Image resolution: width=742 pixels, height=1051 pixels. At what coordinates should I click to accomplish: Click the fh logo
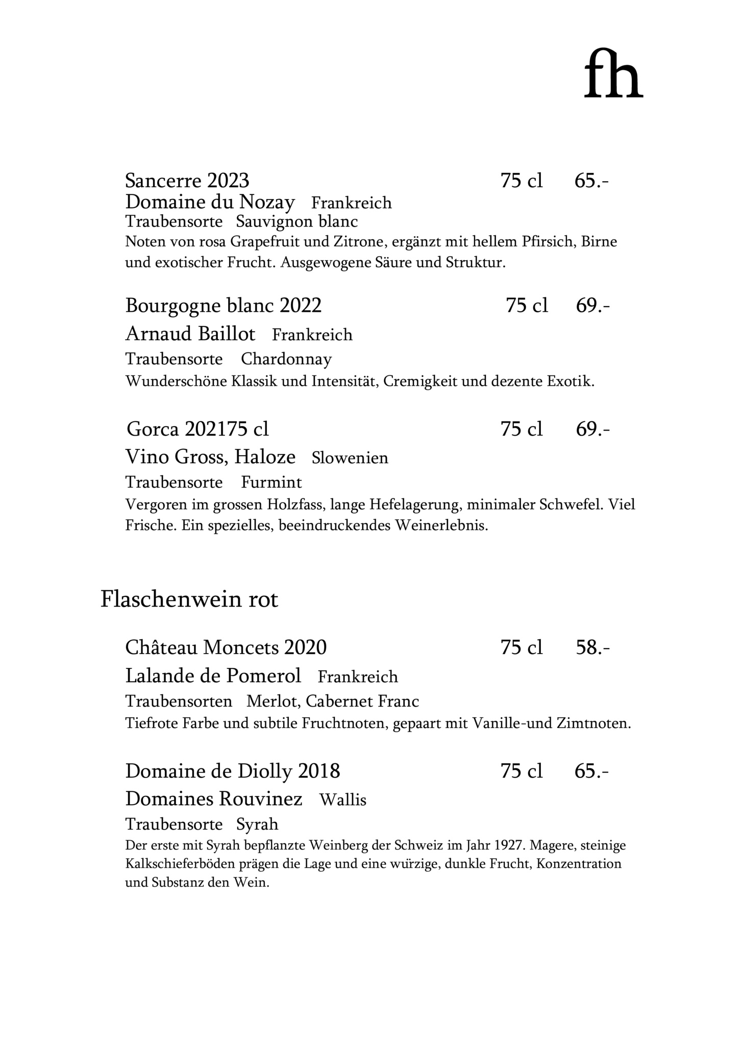point(613,73)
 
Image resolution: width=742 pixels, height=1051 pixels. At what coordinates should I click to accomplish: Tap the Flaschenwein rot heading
point(189,599)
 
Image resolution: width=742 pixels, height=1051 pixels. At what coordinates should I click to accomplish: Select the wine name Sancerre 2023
point(187,181)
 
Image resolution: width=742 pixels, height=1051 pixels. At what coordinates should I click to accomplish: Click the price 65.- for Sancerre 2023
point(591,181)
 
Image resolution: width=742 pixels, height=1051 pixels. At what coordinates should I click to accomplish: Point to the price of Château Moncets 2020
point(592,647)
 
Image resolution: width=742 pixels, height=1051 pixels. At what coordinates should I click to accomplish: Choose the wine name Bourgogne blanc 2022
point(224,306)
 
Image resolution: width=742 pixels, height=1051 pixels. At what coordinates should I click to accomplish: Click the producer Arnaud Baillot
point(190,334)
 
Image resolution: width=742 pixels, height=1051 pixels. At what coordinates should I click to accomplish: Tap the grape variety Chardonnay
point(286,359)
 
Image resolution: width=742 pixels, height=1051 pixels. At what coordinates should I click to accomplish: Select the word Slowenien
point(350,458)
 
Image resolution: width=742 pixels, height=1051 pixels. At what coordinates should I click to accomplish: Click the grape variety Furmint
point(271,482)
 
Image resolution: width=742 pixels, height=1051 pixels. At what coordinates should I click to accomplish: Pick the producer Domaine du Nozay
point(210,203)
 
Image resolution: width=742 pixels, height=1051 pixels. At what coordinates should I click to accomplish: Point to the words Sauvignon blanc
point(297,222)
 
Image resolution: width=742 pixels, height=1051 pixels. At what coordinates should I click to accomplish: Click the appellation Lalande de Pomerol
point(213,676)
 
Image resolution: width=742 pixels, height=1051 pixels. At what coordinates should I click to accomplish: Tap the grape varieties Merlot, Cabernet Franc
point(333,702)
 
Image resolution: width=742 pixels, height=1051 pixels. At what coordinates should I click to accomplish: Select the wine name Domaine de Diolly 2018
point(233,770)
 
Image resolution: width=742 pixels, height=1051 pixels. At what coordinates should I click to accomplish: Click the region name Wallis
point(343,799)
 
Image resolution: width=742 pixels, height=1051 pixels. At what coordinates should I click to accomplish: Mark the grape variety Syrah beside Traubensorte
point(257,824)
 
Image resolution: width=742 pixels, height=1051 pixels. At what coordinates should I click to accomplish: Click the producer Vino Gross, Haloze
point(210,457)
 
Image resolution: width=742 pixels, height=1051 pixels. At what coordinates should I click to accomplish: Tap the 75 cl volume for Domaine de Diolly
point(522,770)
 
